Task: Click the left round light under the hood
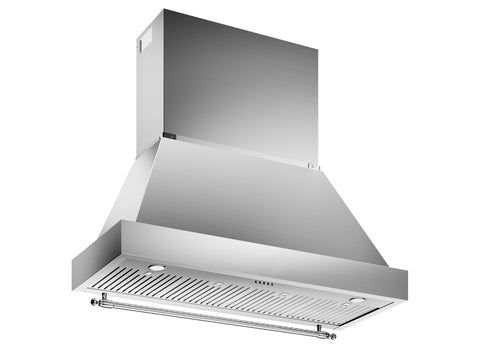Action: (x=158, y=268)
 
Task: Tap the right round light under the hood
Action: (x=358, y=299)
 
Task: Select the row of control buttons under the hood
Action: (x=265, y=282)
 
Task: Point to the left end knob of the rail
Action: (x=94, y=299)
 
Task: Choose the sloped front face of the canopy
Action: (x=250, y=200)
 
